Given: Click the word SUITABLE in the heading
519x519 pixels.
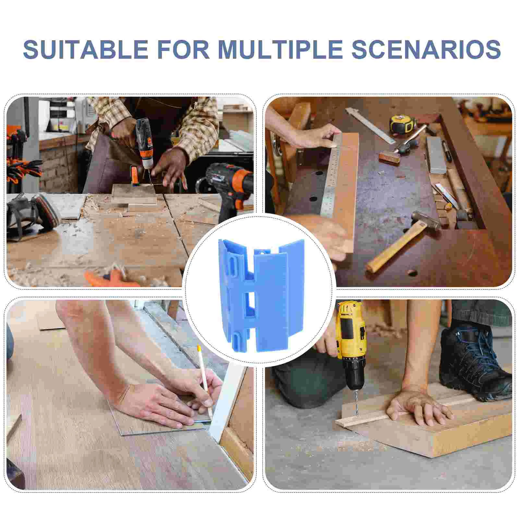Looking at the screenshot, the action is pos(86,49).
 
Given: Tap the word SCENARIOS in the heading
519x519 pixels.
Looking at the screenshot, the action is pos(426,49).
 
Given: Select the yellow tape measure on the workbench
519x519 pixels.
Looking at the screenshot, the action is pos(403,124).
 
